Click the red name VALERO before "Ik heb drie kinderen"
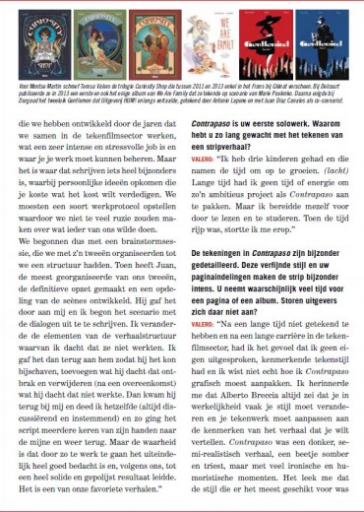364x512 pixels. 202,182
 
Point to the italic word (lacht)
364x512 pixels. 327,195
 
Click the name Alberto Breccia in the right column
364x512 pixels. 253,407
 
